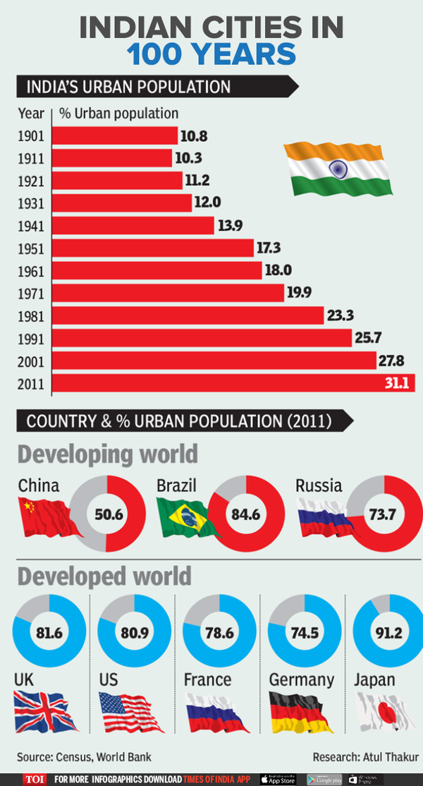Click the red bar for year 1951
point(152,248)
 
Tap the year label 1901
point(31,135)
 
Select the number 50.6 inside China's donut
point(109,514)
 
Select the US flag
point(130,712)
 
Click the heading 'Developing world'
point(107,453)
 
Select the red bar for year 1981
point(187,315)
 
